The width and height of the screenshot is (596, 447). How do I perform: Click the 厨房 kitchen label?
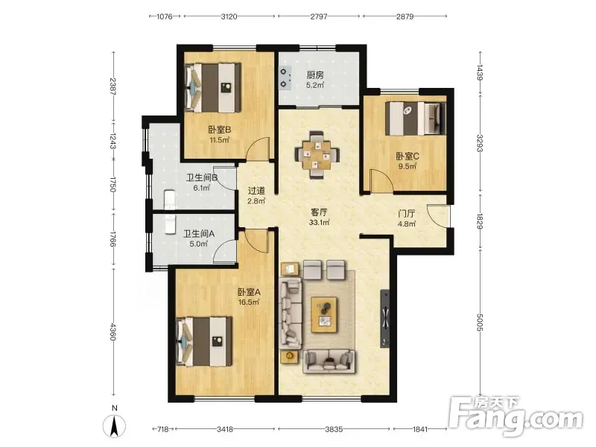(315, 75)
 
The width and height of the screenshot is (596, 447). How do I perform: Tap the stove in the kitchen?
(285, 77)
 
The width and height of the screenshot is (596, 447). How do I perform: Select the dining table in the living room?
(317, 155)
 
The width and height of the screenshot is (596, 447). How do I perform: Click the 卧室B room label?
(219, 130)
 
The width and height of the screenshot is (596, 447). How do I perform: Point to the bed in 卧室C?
(415, 118)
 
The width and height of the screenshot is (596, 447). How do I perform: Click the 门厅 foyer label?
(406, 214)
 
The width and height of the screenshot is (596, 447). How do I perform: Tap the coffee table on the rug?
(324, 314)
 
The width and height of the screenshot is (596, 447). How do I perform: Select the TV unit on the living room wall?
(384, 319)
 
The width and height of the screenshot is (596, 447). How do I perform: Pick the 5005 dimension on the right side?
(480, 323)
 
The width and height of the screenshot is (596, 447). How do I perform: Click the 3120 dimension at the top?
(229, 16)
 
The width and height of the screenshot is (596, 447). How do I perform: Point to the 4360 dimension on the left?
(113, 332)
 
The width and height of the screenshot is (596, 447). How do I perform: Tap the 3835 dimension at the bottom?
(334, 429)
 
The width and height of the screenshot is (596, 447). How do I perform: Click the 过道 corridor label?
(256, 191)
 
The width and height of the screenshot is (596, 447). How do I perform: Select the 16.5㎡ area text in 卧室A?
(249, 302)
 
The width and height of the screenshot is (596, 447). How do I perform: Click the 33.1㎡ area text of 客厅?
(319, 223)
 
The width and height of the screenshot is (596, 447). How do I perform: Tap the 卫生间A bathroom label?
(199, 234)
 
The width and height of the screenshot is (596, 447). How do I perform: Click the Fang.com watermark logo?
(516, 416)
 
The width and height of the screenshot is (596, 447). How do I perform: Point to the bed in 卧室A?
(204, 341)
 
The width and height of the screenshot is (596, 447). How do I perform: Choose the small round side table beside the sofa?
(289, 357)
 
